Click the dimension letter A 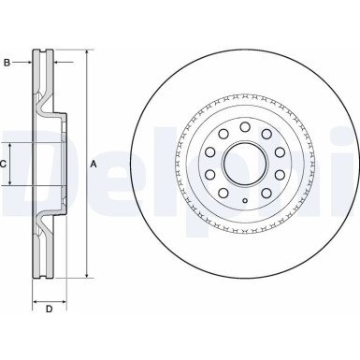[93, 165]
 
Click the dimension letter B [7, 64]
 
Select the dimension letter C [5, 165]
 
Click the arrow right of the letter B [27, 64]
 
